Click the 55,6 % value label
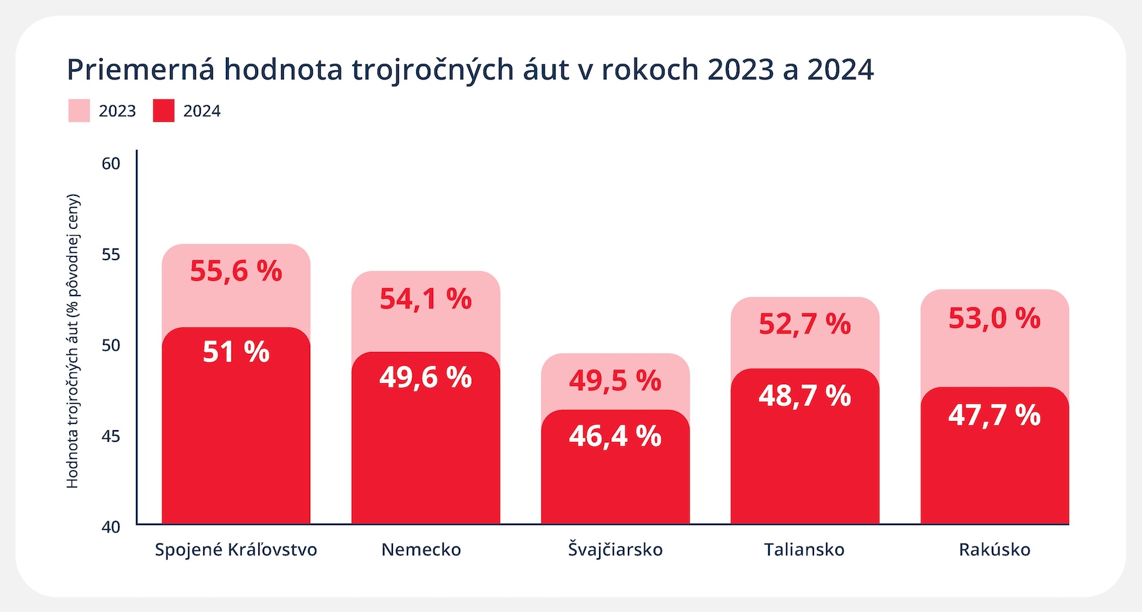tap(236, 271)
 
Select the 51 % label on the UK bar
tap(236, 352)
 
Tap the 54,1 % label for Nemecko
tap(425, 299)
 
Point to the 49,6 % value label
tap(425, 378)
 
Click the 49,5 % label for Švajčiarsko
tap(615, 381)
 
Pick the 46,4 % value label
tap(615, 436)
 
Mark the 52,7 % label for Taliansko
tap(805, 324)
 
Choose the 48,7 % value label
tap(805, 396)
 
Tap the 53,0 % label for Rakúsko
tap(995, 318)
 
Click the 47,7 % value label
tap(995, 415)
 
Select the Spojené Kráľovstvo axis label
tap(236, 550)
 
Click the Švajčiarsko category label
tap(615, 550)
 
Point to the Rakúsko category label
tap(995, 550)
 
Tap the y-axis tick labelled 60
tap(111, 164)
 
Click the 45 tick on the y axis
tap(111, 436)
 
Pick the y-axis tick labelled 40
tap(111, 527)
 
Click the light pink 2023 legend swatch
tap(79, 111)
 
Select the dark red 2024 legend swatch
tap(163, 111)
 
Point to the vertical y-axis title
tap(72, 341)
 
